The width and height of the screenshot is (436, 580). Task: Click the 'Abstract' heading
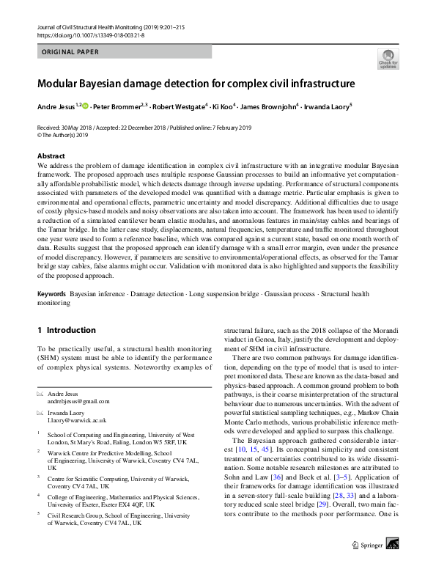51,156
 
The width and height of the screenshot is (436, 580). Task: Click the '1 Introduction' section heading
66,331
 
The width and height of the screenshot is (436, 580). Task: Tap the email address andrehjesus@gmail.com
78,401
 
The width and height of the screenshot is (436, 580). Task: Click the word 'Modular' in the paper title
61,84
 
